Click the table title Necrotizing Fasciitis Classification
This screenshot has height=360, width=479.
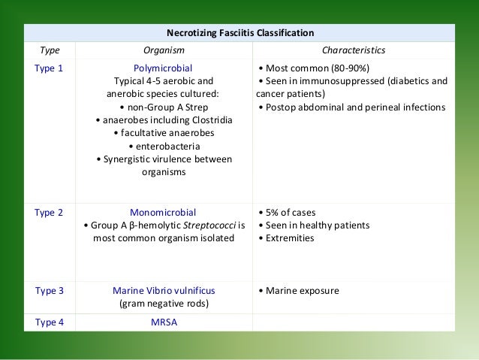[x=239, y=33]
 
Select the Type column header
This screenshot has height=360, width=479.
[x=49, y=50]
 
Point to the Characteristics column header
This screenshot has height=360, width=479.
[x=354, y=50]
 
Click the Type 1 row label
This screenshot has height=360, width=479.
[x=49, y=68]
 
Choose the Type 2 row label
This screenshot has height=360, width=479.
[x=49, y=212]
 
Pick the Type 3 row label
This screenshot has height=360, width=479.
[x=49, y=291]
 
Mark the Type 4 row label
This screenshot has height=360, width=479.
[x=49, y=322]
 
